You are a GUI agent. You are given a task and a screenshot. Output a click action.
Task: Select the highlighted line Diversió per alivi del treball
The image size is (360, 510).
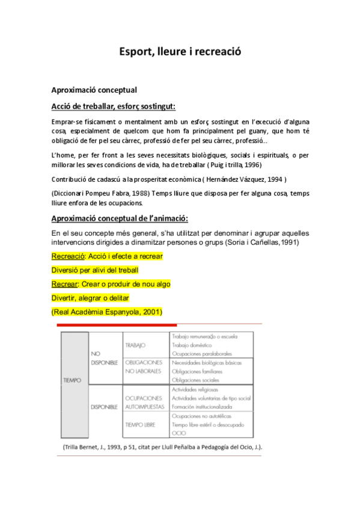[x=94, y=270]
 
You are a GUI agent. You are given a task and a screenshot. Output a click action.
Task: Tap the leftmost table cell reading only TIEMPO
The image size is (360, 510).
[x=72, y=380]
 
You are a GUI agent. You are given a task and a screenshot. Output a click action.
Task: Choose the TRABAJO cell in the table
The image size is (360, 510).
[x=135, y=346]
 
